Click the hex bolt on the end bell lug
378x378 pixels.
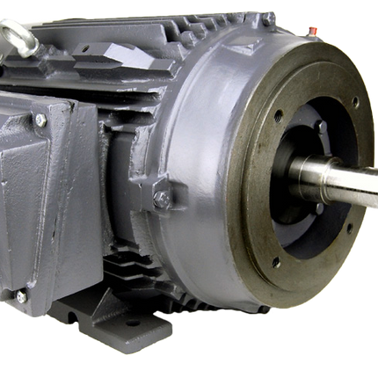[163, 200]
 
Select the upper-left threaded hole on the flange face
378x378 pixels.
[279, 113]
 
